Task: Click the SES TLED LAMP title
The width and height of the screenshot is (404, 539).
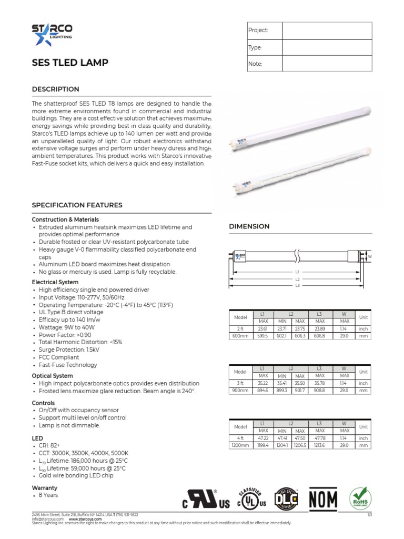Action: pyautogui.click(x=70, y=63)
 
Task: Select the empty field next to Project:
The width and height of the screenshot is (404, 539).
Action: pyautogui.click(x=327, y=31)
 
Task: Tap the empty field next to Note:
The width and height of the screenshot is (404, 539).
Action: pyautogui.click(x=327, y=64)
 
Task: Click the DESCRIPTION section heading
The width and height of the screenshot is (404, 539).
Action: pyautogui.click(x=56, y=89)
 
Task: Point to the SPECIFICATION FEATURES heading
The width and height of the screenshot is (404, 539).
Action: pyautogui.click(x=77, y=205)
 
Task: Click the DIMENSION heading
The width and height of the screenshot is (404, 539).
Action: pyautogui.click(x=249, y=226)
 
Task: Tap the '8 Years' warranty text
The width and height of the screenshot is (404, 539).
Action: pyautogui.click(x=48, y=495)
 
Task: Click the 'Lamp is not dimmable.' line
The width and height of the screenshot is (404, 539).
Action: pyautogui.click(x=69, y=425)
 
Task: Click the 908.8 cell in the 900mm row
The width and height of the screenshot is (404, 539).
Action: pyautogui.click(x=319, y=391)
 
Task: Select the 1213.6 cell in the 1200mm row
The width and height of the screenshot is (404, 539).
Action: pyautogui.click(x=319, y=446)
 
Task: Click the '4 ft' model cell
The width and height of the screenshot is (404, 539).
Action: pyautogui.click(x=240, y=438)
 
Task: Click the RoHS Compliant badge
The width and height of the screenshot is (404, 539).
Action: pyautogui.click(x=360, y=497)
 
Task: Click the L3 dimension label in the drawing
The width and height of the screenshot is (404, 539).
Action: pyautogui.click(x=297, y=285)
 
